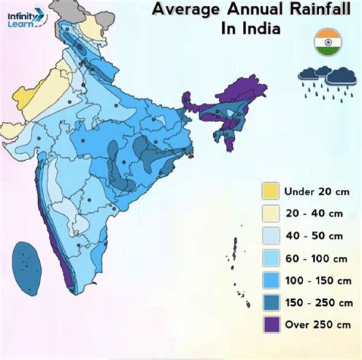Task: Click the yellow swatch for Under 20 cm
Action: [x=270, y=191]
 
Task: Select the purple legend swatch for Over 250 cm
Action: [x=270, y=324]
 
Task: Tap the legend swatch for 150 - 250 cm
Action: [x=270, y=302]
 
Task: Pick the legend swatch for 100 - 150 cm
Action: [x=270, y=280]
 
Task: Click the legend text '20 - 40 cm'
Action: [x=314, y=213]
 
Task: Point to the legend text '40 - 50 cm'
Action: [x=314, y=235]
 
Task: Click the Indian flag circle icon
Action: [x=328, y=42]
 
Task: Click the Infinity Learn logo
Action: [x=26, y=19]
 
